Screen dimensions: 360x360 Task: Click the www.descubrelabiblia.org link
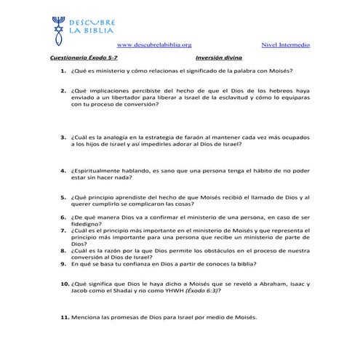(154, 45)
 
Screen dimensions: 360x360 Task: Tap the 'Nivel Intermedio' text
(284, 45)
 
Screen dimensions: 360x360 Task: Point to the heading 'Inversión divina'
(219, 57)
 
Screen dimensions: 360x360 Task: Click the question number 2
(64, 91)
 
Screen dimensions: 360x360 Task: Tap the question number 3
(64, 136)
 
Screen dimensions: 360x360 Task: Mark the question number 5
(64, 197)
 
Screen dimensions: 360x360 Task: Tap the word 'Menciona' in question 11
(87, 317)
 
